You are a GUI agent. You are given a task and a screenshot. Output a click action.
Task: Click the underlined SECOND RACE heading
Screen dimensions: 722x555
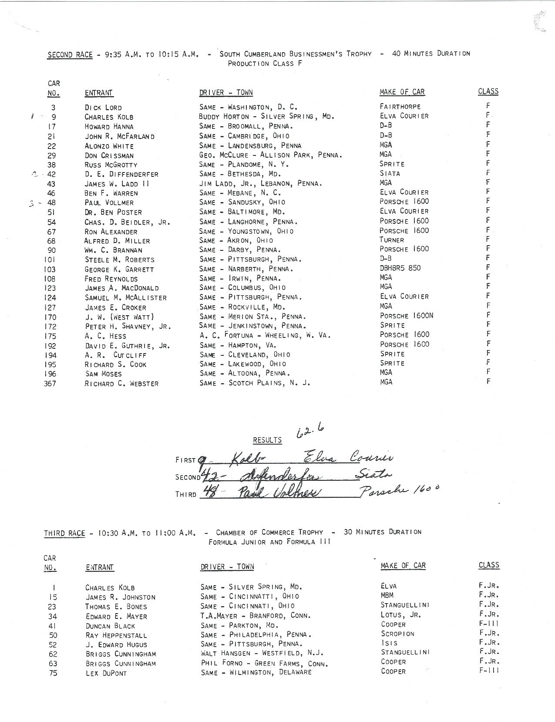tap(70, 54)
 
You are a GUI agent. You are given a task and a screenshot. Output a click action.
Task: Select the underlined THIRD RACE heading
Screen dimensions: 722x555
tap(65, 533)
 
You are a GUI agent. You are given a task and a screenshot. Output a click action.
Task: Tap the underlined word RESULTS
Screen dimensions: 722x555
tap(267, 440)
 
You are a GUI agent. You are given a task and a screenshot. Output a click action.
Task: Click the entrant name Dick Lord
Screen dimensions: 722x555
tap(103, 108)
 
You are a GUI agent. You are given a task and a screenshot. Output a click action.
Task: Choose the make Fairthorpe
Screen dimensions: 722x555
tap(400, 107)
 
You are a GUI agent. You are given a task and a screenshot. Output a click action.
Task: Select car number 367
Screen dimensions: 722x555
tap(50, 384)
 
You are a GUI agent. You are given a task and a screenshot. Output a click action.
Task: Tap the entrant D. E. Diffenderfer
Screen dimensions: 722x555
tap(121, 174)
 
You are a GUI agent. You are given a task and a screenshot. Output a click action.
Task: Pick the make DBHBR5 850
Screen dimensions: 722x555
tap(400, 268)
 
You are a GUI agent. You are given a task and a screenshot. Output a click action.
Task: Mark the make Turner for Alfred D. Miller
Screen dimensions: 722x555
tap(392, 240)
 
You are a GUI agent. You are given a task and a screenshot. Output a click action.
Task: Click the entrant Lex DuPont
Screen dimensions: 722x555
tap(106, 673)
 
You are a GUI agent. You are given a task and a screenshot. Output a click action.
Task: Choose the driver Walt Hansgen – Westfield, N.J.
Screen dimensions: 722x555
tap(262, 654)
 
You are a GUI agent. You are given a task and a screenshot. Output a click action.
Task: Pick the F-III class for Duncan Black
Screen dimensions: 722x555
tap(488, 624)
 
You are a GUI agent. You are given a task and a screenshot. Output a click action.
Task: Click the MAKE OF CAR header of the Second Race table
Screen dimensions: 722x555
tap(402, 92)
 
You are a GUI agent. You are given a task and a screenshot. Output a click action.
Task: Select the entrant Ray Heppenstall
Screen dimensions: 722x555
tap(116, 635)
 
